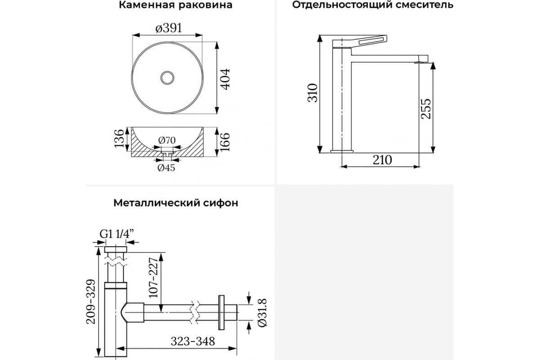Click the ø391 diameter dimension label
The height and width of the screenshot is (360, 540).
(x=168, y=28)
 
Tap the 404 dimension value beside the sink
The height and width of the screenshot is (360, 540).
(x=225, y=79)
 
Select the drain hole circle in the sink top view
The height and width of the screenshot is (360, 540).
(x=167, y=78)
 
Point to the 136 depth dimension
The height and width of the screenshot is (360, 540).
(x=119, y=139)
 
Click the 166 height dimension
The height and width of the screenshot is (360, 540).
(x=225, y=142)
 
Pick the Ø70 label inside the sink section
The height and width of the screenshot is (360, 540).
(x=167, y=140)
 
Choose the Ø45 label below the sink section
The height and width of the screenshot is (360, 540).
(x=166, y=167)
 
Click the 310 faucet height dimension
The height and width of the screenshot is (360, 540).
(x=313, y=93)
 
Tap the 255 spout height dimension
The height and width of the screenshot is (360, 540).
(x=426, y=109)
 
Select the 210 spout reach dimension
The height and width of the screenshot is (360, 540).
(x=382, y=160)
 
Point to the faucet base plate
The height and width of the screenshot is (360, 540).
(x=342, y=152)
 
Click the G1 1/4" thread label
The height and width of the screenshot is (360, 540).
(x=117, y=234)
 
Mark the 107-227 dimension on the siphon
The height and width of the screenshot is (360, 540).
(x=153, y=278)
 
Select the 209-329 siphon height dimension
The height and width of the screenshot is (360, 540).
(x=91, y=301)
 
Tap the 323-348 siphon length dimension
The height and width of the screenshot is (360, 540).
(x=193, y=341)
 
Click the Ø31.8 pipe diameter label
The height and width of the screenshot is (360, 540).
(x=262, y=313)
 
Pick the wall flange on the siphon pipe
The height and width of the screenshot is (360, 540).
(x=221, y=312)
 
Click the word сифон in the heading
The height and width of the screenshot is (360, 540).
(x=220, y=203)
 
